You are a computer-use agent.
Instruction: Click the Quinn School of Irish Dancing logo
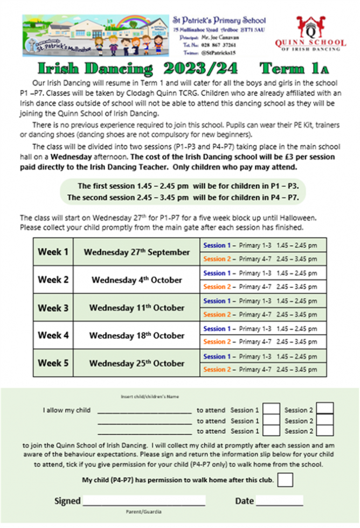click(x=322, y=33)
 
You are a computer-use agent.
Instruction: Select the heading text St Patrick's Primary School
click(x=219, y=20)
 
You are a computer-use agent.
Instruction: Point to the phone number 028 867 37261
click(x=223, y=46)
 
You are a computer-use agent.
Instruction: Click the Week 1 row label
click(x=53, y=252)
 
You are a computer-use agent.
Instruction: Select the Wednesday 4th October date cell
click(x=136, y=280)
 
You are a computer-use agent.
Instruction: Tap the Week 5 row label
click(x=53, y=363)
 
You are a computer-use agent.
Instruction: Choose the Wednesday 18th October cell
click(x=136, y=336)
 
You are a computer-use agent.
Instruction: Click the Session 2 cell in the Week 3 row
click(x=260, y=315)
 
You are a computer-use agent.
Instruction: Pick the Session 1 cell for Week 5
click(x=260, y=357)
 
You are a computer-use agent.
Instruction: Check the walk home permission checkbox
click(x=286, y=480)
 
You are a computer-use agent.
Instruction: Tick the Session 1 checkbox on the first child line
click(x=272, y=411)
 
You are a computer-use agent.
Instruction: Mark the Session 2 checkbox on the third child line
click(x=326, y=431)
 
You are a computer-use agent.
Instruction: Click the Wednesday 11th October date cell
click(x=136, y=308)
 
